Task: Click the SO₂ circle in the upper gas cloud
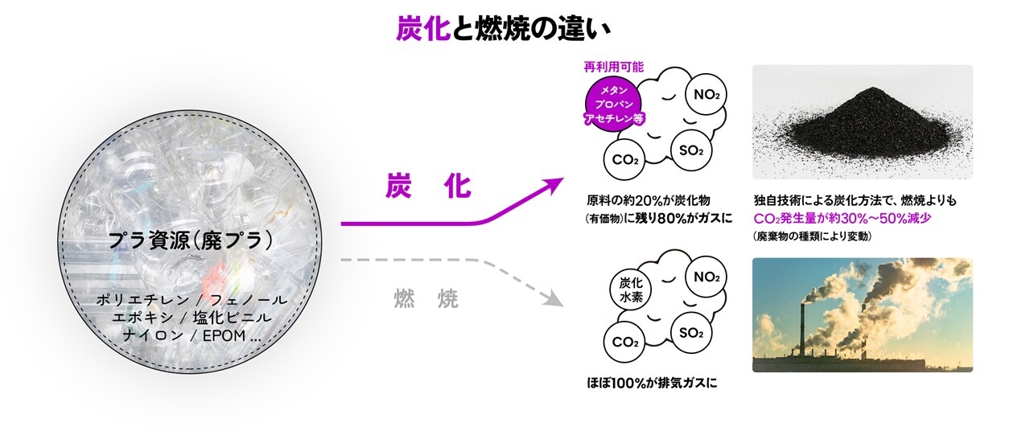tap(691, 151)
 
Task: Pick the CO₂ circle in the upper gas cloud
tap(625, 159)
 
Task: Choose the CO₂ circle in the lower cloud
tap(625, 343)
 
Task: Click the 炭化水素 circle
tap(630, 290)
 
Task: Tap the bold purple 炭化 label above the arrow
tap(426, 187)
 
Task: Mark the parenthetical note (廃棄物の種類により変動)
tap(813, 236)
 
